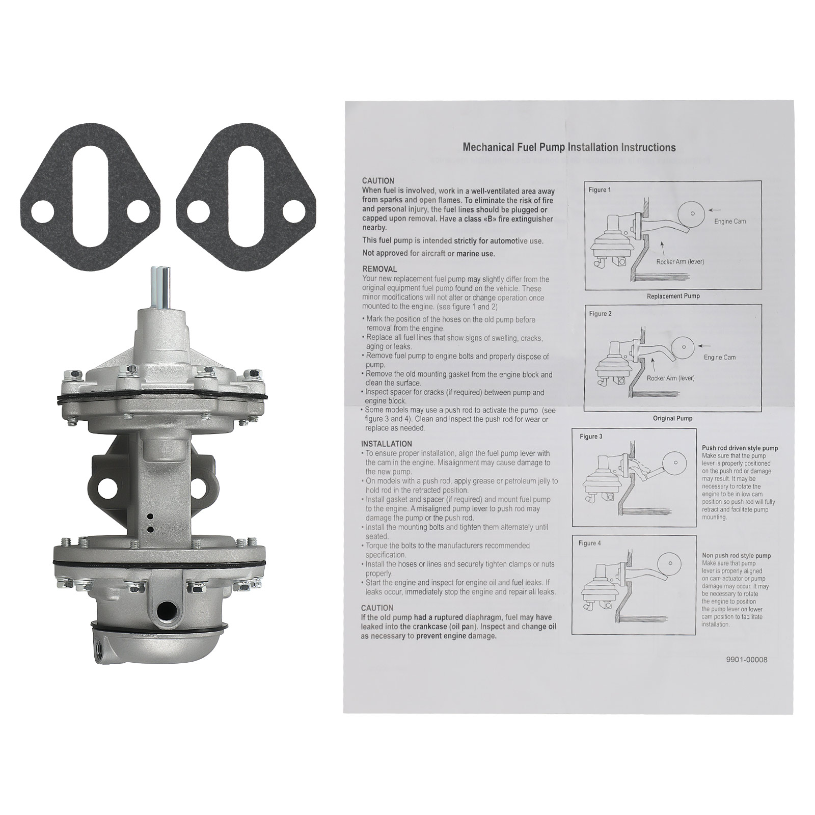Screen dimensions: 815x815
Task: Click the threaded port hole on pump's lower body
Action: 167,609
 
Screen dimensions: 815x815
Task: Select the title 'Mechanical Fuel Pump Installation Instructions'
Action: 569,147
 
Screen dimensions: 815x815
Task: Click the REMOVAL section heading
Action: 379,269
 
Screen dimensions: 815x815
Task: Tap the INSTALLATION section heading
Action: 387,444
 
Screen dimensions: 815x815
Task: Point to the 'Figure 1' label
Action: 600,190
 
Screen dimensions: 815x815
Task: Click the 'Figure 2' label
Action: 600,314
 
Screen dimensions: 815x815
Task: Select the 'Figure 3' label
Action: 591,437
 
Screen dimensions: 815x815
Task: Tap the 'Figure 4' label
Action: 589,543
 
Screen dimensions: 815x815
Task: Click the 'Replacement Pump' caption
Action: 673,296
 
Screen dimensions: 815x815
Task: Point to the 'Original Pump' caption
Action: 672,418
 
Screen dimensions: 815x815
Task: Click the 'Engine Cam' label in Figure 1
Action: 730,222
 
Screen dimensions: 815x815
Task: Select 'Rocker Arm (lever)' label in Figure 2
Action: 670,378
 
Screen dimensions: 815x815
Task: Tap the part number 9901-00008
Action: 746,660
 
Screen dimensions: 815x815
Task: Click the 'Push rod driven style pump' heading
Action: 740,448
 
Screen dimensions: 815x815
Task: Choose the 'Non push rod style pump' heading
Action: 736,556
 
